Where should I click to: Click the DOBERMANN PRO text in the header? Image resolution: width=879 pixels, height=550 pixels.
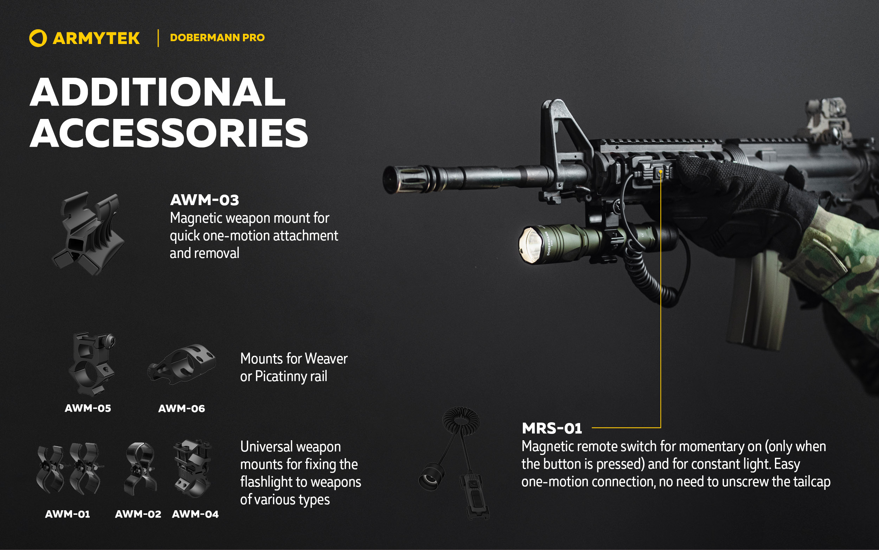click(x=217, y=37)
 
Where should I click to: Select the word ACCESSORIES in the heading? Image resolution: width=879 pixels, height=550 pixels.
click(x=169, y=133)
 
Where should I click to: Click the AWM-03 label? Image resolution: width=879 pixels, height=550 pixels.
click(x=205, y=200)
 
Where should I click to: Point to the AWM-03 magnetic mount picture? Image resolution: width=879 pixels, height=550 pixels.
click(x=88, y=233)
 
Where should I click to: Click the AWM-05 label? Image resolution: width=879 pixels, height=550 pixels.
click(x=88, y=408)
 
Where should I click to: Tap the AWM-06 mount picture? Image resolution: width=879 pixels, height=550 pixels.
click(x=182, y=364)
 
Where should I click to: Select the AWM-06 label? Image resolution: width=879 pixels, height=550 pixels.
click(x=182, y=409)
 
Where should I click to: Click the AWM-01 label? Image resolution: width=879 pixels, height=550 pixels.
click(x=68, y=514)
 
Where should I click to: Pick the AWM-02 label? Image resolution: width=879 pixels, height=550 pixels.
click(x=138, y=514)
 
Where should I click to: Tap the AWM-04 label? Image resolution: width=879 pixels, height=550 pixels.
click(x=195, y=514)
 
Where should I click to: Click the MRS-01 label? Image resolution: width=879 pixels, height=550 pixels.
click(x=552, y=428)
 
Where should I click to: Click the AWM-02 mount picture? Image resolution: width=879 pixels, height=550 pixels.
click(x=140, y=468)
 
